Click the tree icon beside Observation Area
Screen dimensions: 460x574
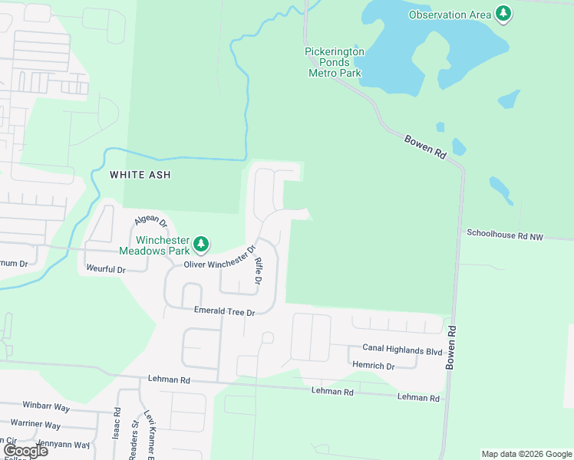(x=503, y=14)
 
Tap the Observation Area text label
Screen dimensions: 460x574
(x=449, y=15)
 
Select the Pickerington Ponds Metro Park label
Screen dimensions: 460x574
(x=335, y=63)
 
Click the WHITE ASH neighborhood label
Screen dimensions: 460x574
(x=140, y=175)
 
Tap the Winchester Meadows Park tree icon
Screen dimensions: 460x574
(x=201, y=245)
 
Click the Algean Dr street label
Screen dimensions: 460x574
(x=150, y=222)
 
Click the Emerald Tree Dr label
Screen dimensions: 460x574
(x=223, y=312)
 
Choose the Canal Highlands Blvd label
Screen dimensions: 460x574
(x=402, y=351)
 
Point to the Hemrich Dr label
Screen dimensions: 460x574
(x=373, y=366)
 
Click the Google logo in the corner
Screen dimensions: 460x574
(x=25, y=451)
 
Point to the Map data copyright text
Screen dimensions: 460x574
(x=526, y=454)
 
